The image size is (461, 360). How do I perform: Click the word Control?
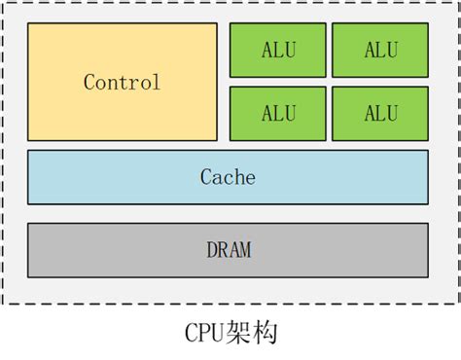point(122,83)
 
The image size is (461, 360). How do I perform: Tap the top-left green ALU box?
point(277,49)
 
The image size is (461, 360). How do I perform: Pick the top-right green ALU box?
point(380,49)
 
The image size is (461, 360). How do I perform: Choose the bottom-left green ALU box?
point(277,113)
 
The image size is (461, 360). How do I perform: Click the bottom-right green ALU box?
point(380,113)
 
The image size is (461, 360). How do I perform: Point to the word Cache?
point(228,177)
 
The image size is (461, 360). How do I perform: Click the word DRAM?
point(229,250)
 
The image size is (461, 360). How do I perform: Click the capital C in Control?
point(89,83)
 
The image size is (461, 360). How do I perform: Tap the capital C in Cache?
point(205,177)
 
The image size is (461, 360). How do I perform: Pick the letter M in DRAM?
point(245,250)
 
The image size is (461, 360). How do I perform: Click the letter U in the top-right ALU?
point(393,49)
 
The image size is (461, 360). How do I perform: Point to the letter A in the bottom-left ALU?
point(266,113)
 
